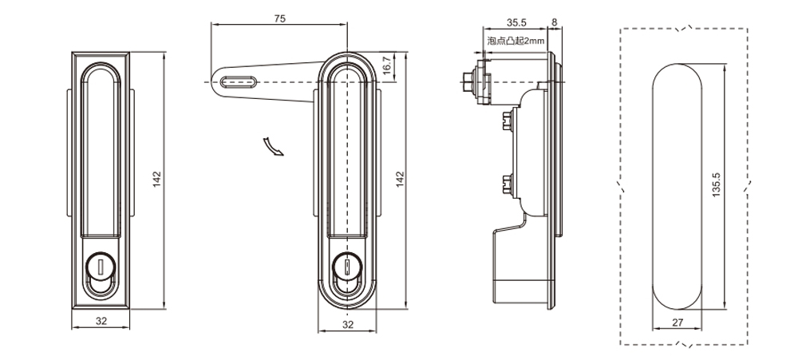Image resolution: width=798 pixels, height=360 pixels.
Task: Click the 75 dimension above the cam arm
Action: [279, 18]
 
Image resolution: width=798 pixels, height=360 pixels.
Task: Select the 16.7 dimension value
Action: [388, 68]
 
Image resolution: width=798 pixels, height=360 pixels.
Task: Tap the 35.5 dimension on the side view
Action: [517, 23]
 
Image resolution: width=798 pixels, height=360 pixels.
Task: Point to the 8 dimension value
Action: [554, 23]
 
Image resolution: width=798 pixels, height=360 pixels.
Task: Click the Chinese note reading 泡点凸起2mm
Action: [515, 40]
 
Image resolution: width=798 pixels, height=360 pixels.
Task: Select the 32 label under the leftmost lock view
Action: [101, 322]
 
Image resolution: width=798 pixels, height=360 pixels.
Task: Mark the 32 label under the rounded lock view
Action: [348, 324]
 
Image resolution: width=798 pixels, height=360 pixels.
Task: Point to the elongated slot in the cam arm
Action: [239, 81]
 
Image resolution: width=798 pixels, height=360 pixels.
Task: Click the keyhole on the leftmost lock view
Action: [101, 263]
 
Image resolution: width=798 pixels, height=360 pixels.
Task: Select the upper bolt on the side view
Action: [507, 123]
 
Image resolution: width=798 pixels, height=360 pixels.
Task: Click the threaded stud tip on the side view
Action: [467, 78]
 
